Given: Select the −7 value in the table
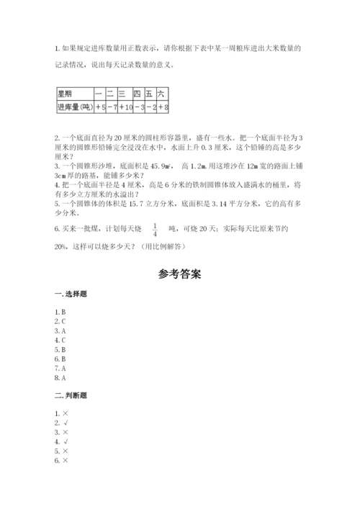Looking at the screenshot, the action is tap(111, 107).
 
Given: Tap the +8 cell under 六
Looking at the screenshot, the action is tap(162, 107).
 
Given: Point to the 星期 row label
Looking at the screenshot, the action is tap(66, 94).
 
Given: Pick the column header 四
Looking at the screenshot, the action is tap(137, 94).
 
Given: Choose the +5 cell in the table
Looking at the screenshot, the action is tap(100, 107).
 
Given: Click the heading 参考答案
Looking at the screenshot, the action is tap(179, 275).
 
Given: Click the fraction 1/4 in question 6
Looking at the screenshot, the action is tap(155, 230).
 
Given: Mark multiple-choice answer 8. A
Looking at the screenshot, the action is tap(60, 377).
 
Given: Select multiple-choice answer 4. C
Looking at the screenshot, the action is tap(60, 339).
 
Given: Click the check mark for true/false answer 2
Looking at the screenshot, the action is tap(66, 423).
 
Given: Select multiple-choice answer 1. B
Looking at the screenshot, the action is tap(60, 312).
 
